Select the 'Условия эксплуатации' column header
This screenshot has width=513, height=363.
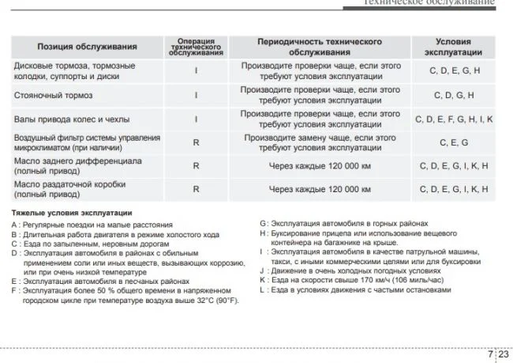454,47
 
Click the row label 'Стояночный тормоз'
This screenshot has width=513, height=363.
54,96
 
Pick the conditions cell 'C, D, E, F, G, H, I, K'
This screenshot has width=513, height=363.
454,119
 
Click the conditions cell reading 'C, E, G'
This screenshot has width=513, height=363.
454,142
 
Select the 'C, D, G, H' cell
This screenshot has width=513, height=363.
454,96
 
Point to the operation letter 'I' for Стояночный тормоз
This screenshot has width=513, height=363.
196,96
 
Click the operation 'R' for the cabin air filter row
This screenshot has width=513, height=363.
196,142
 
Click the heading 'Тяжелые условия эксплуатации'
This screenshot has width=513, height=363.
72,214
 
